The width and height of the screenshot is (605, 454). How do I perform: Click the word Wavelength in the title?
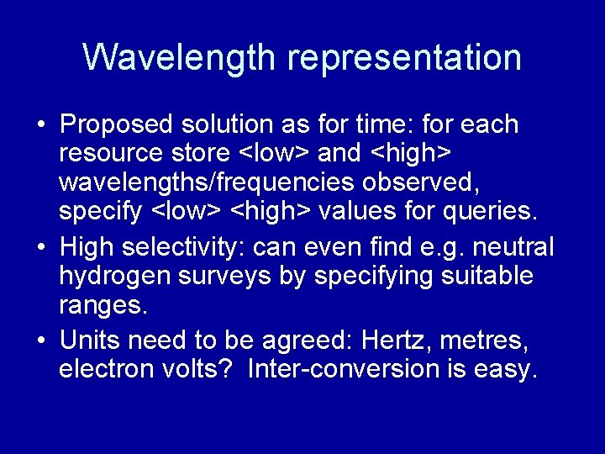click(x=180, y=57)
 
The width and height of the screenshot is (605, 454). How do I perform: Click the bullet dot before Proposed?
click(x=40, y=125)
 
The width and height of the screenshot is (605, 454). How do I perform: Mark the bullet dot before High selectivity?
click(x=40, y=248)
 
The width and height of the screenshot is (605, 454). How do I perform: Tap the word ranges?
click(x=103, y=306)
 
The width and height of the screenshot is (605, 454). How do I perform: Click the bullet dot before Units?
click(x=40, y=340)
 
